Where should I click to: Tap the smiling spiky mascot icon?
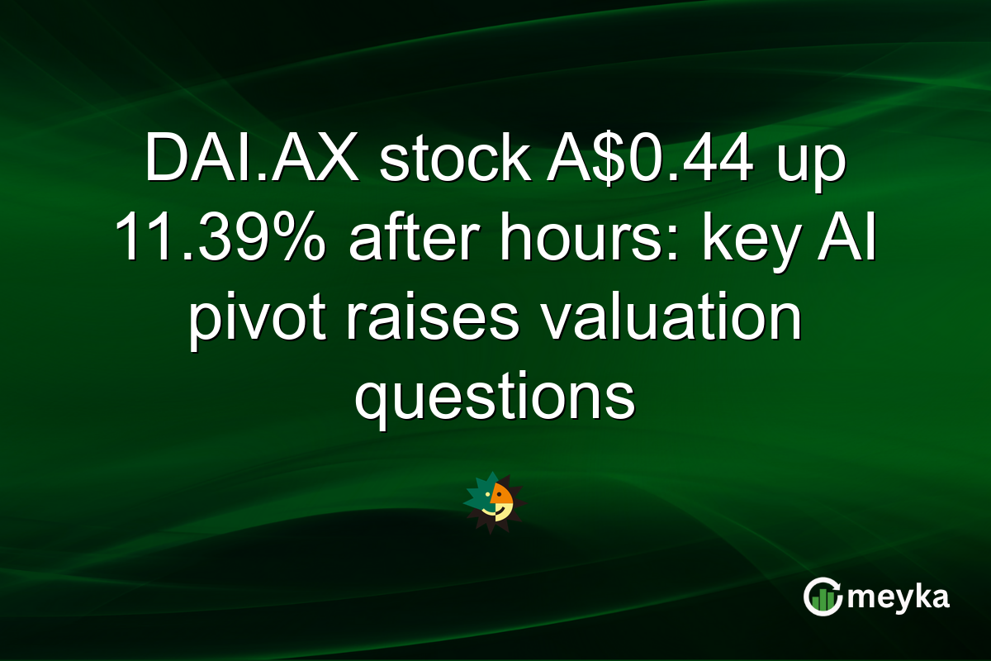coord(495,502)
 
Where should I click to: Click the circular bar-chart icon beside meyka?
coord(822,597)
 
